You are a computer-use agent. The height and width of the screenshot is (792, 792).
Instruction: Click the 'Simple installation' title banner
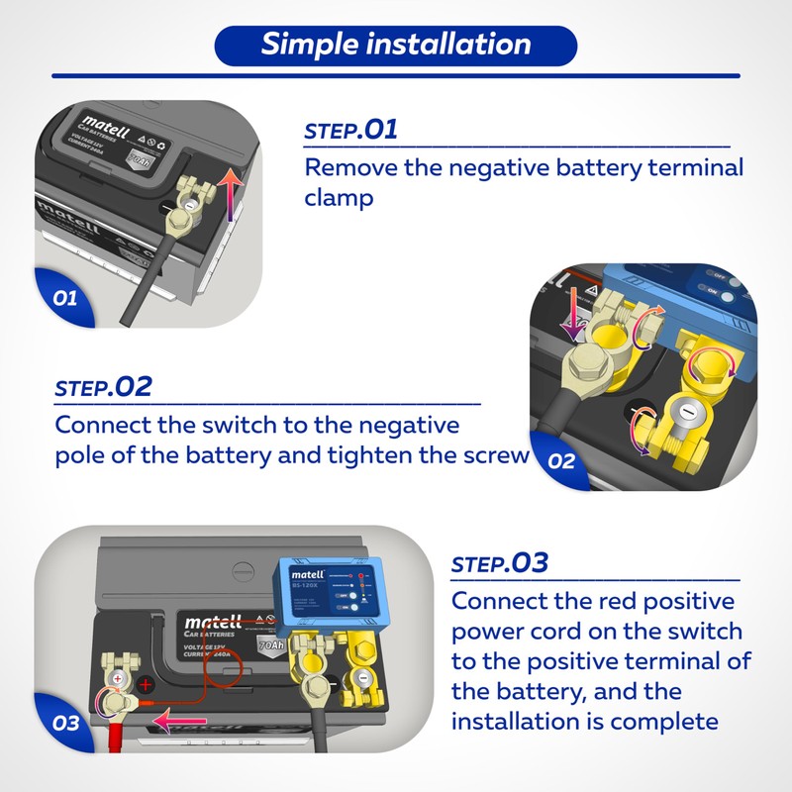pos(396,45)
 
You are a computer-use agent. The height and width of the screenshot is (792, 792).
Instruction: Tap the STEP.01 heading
pos(350,130)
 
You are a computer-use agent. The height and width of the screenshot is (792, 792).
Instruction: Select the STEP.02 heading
pos(104,387)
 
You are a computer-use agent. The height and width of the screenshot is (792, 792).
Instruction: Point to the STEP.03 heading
pos(499,564)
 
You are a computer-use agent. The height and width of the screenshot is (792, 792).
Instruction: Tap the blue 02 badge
pos(560,460)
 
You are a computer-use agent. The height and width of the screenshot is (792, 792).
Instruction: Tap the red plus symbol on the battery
pos(146,685)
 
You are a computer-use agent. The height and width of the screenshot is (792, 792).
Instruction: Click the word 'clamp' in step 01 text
pos(339,198)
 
